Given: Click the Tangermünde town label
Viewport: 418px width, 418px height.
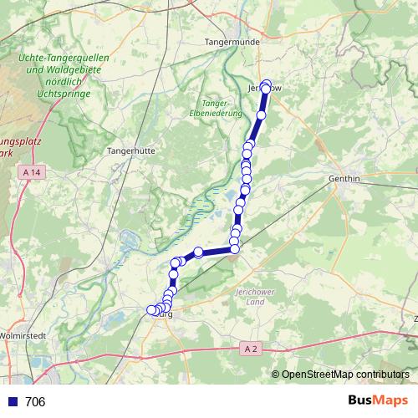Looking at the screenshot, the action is (234, 40).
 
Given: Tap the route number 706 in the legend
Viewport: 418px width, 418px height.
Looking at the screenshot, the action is (36, 402).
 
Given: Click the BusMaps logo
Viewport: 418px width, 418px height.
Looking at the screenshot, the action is (377, 401).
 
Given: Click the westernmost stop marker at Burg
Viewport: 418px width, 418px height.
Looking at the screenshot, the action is (151, 310).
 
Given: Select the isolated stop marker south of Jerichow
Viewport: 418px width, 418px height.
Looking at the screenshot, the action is (261, 115).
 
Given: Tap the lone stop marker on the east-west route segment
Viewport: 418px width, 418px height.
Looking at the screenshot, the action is (199, 252).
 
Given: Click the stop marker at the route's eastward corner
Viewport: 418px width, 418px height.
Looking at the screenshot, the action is (234, 248).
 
